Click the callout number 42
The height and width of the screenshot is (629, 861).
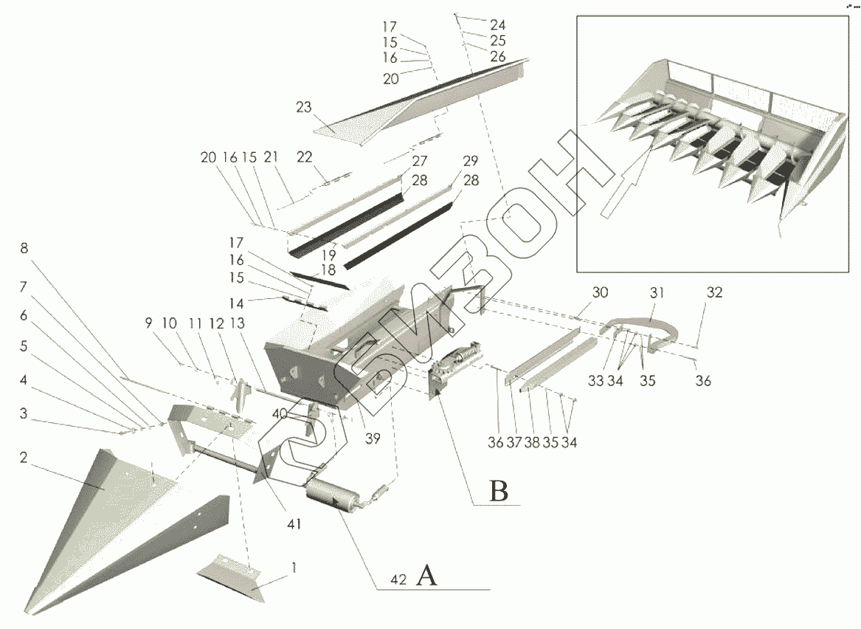tap(398, 580)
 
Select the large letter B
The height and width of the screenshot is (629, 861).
tap(499, 490)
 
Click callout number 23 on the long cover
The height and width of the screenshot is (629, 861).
tap(304, 107)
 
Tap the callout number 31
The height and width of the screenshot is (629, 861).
tap(657, 293)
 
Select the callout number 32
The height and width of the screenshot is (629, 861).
tap(713, 293)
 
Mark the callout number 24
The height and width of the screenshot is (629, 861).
tap(497, 24)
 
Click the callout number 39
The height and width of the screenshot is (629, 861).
tap(373, 439)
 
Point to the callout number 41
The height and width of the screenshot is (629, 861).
tap(294, 523)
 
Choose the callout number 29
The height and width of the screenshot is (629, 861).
tap(470, 161)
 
